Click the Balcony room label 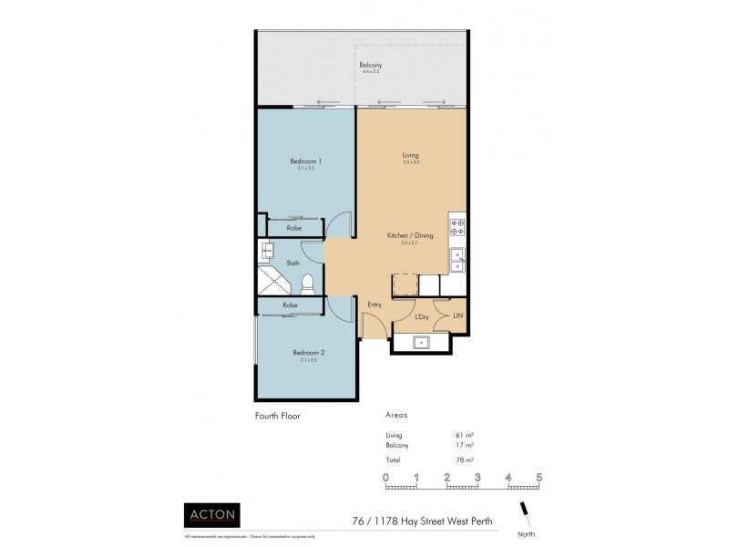coord(370,65)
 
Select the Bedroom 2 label coord(308,353)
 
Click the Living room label coord(410,156)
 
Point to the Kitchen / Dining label coord(410,235)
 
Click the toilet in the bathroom coord(309,282)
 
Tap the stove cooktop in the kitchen coord(457,226)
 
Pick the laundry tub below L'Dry coord(422,343)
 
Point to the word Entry coord(374,304)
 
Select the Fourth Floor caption coord(278,415)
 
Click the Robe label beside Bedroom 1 coord(294,228)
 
